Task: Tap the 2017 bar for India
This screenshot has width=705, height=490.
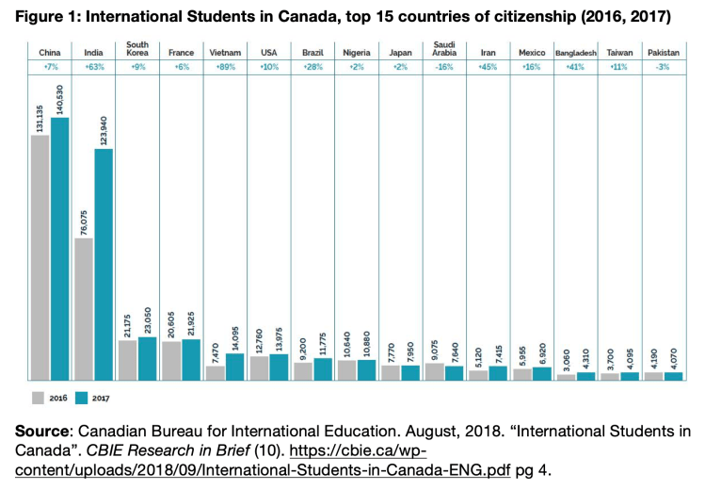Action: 104,264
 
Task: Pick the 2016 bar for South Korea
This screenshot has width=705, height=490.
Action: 127,359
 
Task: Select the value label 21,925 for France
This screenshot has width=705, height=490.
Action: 191,318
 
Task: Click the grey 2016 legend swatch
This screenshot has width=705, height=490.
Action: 40,397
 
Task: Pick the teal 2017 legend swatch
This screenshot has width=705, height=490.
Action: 82,397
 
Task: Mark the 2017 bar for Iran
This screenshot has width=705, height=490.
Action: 497,372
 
